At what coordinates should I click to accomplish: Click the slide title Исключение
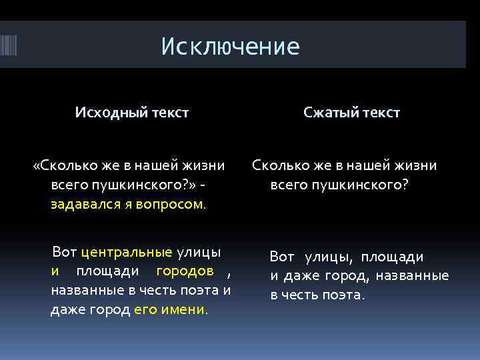click(231, 47)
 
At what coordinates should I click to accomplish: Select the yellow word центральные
click(126, 253)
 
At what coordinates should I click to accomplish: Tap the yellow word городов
click(185, 271)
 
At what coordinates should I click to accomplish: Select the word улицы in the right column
click(329, 257)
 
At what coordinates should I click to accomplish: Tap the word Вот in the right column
click(281, 257)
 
